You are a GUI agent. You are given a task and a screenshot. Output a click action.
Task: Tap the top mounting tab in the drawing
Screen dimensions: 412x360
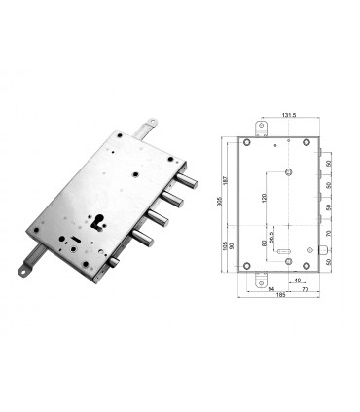[262, 128]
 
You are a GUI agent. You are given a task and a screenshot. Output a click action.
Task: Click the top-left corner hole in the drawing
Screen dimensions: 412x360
[248, 143]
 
